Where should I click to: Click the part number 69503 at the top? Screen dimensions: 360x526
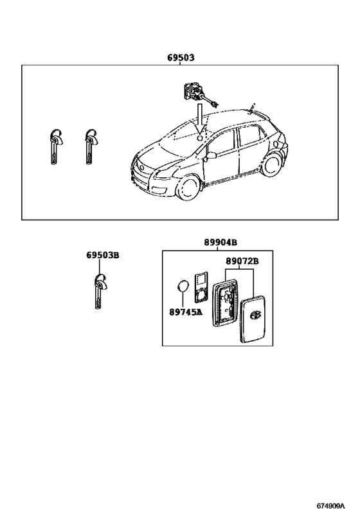coord(181,58)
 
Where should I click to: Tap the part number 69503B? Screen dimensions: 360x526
coord(103,255)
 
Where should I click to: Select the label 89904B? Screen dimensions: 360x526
coord(221,242)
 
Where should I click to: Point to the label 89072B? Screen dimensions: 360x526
coord(242,261)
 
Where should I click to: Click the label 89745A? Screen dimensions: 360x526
coord(186,312)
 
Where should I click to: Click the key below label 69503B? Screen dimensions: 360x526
coord(100,291)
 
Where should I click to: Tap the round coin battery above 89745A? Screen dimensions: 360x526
coord(183,286)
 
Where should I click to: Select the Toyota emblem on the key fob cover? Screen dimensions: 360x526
coord(256,315)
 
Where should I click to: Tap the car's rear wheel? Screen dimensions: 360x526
coord(271,164)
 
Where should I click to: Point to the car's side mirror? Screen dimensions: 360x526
coord(212,155)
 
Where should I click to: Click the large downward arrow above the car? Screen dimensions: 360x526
coord(200,118)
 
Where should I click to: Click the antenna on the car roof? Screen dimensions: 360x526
coord(251,108)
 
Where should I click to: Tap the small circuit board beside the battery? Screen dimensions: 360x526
coord(202,288)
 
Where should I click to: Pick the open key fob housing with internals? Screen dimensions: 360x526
coord(224,303)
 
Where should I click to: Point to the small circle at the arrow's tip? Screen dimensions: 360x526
coord(199,137)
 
